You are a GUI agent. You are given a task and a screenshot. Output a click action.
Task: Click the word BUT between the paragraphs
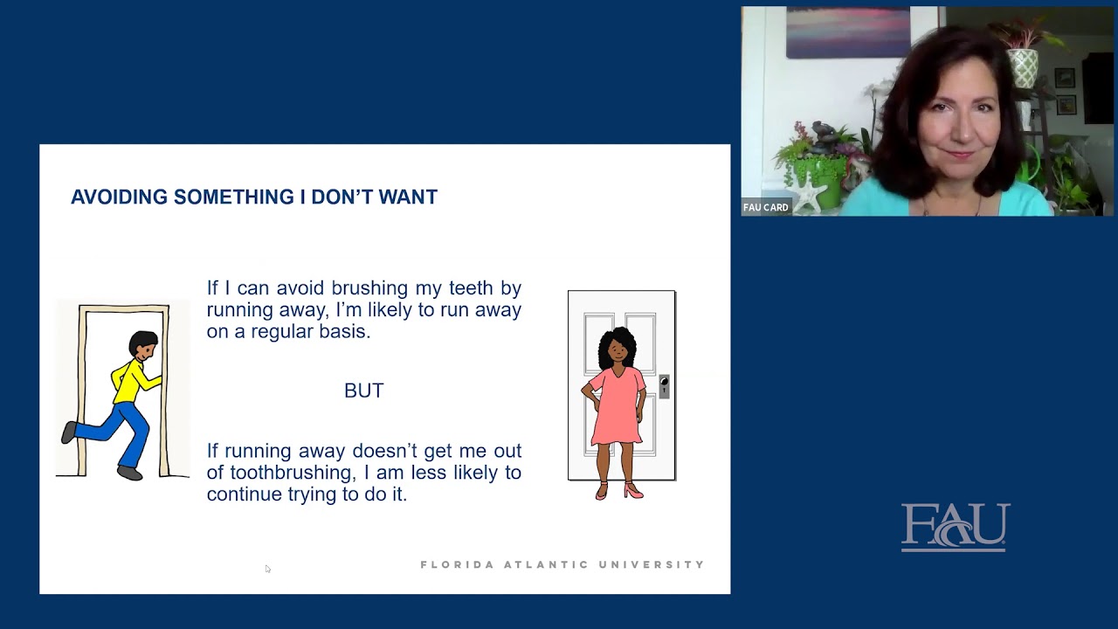(363, 391)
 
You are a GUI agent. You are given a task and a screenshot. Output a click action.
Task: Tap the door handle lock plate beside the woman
(664, 386)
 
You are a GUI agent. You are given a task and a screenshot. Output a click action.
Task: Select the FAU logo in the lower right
(955, 526)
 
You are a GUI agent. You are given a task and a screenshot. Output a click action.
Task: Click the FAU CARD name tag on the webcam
(766, 208)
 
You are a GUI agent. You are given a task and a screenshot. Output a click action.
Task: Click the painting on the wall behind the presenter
(847, 33)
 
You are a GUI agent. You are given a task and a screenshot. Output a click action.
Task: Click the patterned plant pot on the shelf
(1022, 67)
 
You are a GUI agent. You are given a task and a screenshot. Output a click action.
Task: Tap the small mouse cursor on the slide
(267, 569)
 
